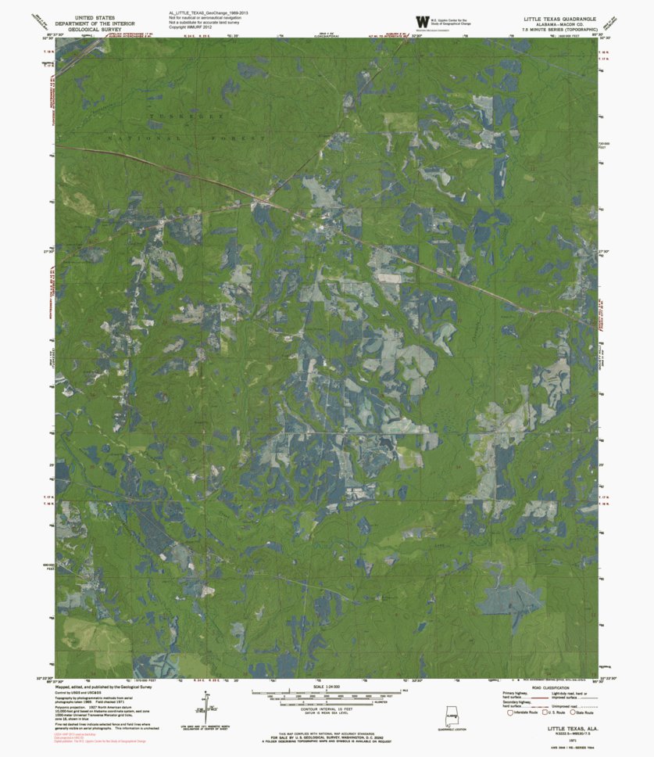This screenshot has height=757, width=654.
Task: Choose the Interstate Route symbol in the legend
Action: click(x=512, y=712)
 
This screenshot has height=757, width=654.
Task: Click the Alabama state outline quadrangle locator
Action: click(x=452, y=714)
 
